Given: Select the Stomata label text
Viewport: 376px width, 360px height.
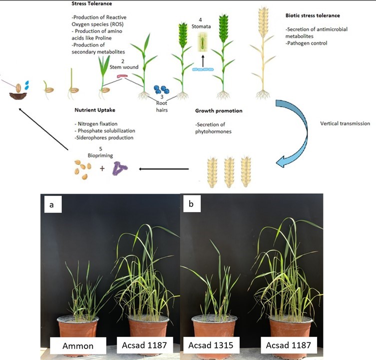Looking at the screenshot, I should pos(203,26).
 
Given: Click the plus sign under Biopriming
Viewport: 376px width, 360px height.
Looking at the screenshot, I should pos(102,169).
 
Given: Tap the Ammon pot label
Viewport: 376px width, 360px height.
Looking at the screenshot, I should pos(78,345).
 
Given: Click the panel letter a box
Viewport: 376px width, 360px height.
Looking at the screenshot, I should pos(52,204).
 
